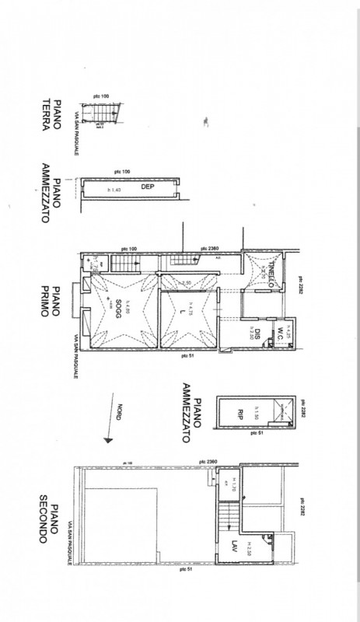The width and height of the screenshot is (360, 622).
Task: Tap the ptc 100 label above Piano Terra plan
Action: pyautogui.click(x=100, y=96)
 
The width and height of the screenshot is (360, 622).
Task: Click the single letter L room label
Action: pyautogui.click(x=181, y=313)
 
